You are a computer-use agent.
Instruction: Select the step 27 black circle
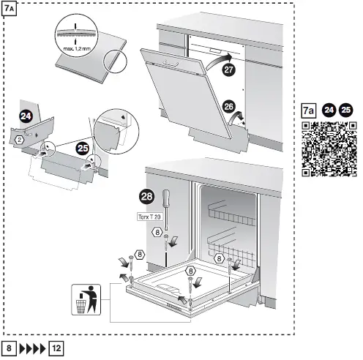(229, 71)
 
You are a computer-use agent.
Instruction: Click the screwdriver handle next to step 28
(165, 198)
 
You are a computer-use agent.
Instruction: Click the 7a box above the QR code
(309, 110)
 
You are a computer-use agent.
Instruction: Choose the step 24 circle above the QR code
(329, 110)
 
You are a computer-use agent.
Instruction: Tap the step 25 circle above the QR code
(345, 110)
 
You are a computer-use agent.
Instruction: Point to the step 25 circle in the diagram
(83, 146)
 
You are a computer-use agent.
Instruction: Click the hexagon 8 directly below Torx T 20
(157, 232)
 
